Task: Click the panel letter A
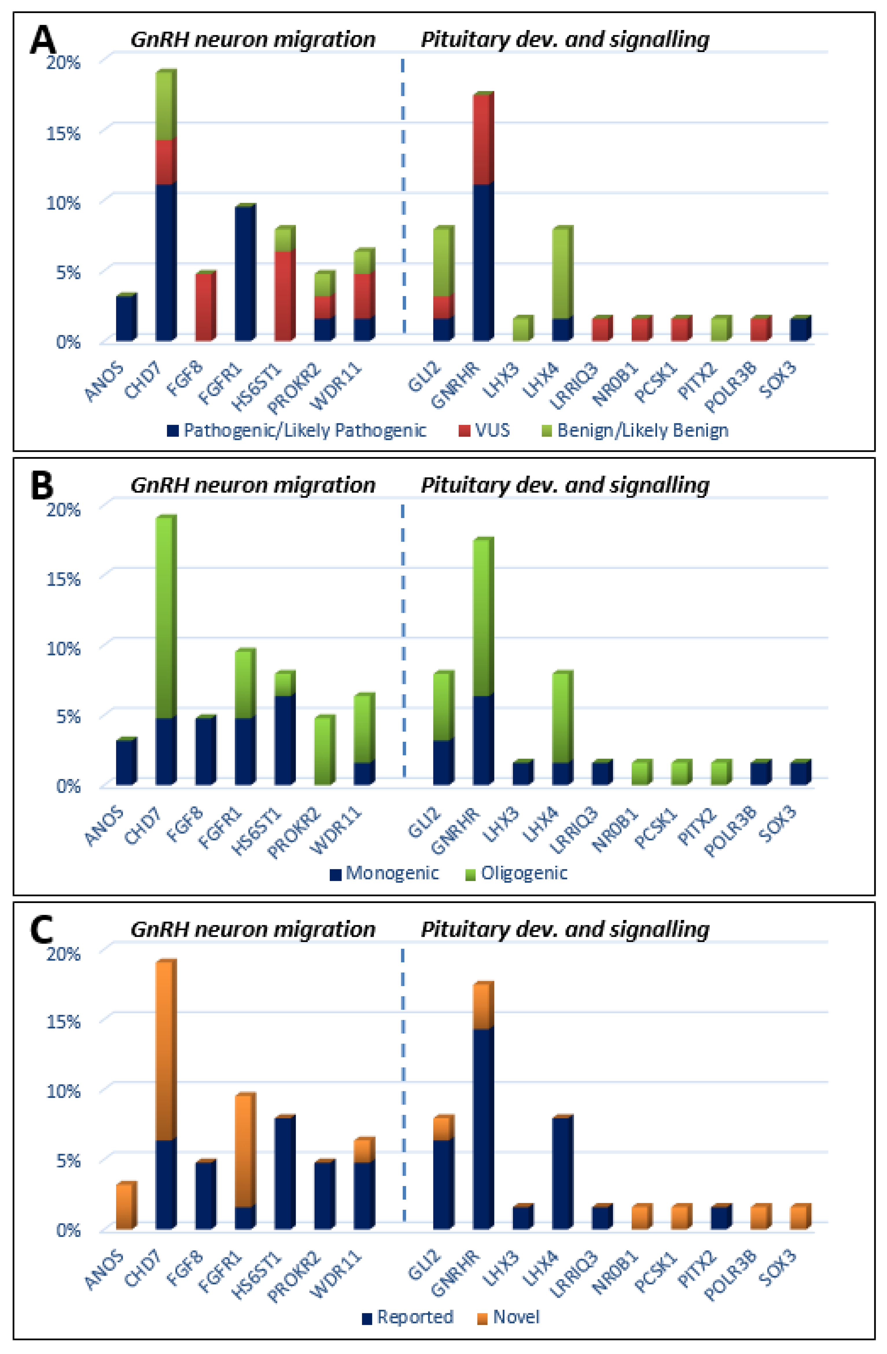tap(43, 40)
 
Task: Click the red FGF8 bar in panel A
tap(204, 307)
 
